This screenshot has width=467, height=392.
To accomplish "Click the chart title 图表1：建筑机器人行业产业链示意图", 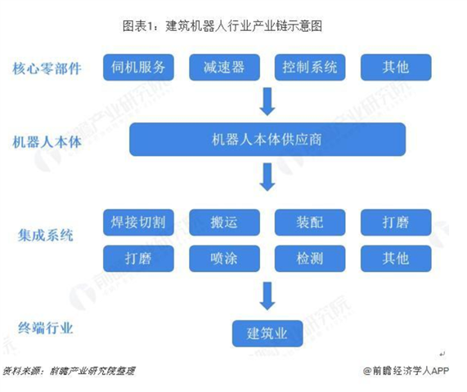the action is pyautogui.click(x=222, y=26).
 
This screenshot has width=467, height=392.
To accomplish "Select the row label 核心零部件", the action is pyautogui.click(x=47, y=69).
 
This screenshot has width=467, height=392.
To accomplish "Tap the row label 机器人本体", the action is pyautogui.click(x=47, y=142).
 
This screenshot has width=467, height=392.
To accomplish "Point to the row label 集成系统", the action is pyautogui.click(x=45, y=235).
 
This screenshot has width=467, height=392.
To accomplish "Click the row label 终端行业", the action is pyautogui.click(x=45, y=328).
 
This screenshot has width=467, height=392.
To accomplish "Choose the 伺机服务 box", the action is pyautogui.click(x=138, y=67).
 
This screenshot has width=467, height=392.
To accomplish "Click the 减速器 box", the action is pyautogui.click(x=225, y=67).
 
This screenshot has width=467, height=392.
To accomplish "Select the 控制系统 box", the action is pyautogui.click(x=310, y=67).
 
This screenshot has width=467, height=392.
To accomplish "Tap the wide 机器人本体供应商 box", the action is pyautogui.click(x=267, y=139).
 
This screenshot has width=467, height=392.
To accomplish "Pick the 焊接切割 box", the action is pyautogui.click(x=138, y=222).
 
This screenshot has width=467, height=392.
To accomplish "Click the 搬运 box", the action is pyautogui.click(x=225, y=222).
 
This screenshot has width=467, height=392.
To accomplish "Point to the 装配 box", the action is pyautogui.click(x=310, y=222).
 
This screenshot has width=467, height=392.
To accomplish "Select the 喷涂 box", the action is pyautogui.click(x=225, y=258).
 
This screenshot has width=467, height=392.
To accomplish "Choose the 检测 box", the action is pyautogui.click(x=310, y=258).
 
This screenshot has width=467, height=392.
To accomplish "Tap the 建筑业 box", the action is pyautogui.click(x=267, y=333).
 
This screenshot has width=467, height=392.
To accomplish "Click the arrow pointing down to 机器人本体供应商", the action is pyautogui.click(x=267, y=101).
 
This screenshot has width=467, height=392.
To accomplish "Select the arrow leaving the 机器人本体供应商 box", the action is pyautogui.click(x=267, y=177).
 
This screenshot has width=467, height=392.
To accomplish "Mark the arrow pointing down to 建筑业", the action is pyautogui.click(x=267, y=296).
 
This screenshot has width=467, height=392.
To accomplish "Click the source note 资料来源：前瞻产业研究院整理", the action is pyautogui.click(x=69, y=371).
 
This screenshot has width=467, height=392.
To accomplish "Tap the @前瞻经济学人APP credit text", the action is pyautogui.click(x=406, y=371).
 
